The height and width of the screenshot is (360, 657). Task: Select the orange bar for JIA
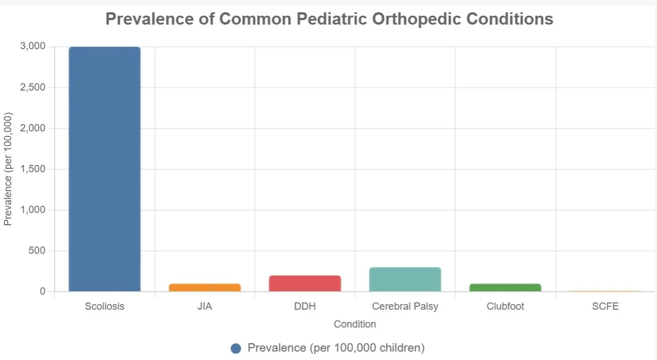pyautogui.click(x=204, y=287)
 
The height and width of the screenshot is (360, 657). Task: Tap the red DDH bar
pyautogui.click(x=304, y=283)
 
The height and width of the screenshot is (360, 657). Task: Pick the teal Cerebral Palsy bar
pyautogui.click(x=405, y=280)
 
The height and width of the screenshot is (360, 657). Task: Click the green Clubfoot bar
pyautogui.click(x=505, y=287)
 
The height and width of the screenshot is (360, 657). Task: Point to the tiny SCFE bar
pyautogui.click(x=606, y=291)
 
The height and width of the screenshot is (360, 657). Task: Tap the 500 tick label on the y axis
pyautogui.click(x=37, y=250)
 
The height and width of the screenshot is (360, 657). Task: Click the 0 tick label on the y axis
pyautogui.click(x=42, y=291)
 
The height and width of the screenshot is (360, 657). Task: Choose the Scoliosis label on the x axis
pyautogui.click(x=104, y=306)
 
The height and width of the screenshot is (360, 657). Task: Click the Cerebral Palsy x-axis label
pyautogui.click(x=405, y=306)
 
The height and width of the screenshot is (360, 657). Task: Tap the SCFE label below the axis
pyautogui.click(x=606, y=306)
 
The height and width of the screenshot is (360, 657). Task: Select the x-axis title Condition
pyautogui.click(x=355, y=324)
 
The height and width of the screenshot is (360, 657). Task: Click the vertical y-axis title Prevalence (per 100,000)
pyautogui.click(x=8, y=169)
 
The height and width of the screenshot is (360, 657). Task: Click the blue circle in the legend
pyautogui.click(x=236, y=348)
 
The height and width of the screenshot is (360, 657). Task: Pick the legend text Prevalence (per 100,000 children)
pyautogui.click(x=336, y=348)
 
